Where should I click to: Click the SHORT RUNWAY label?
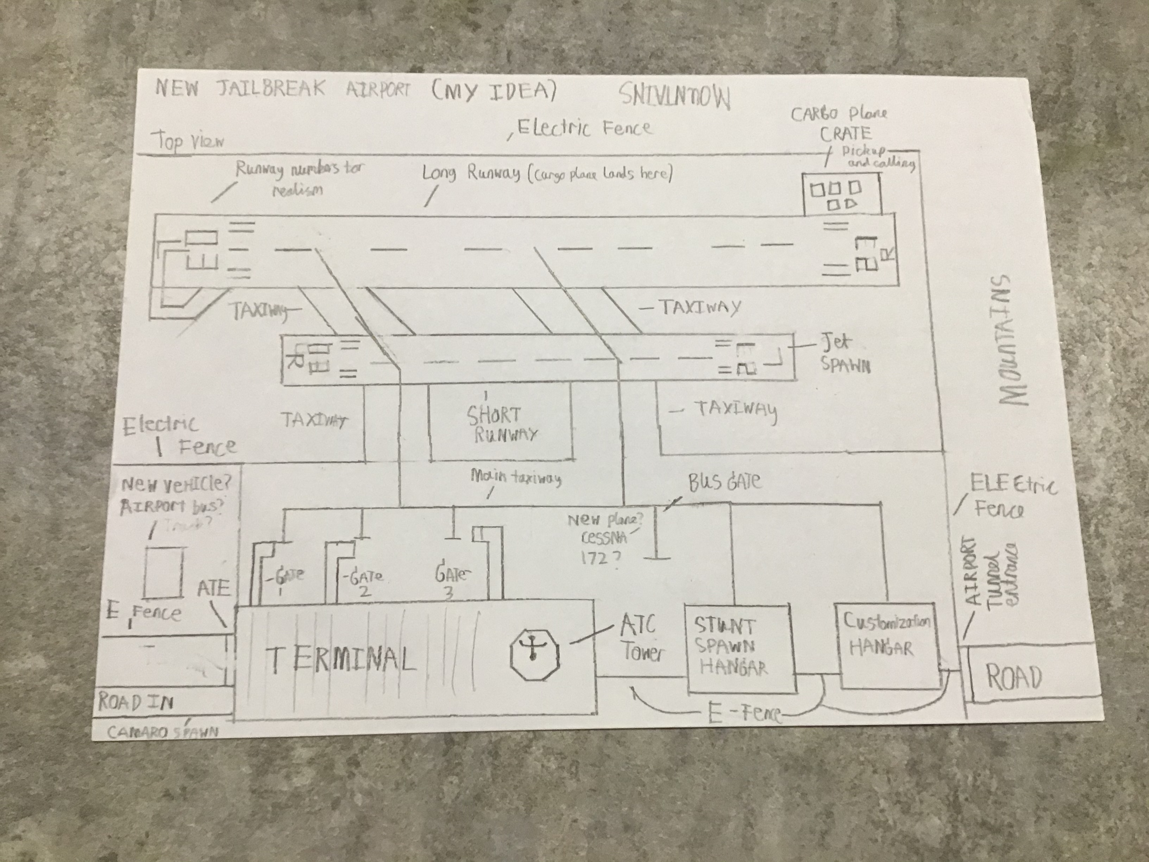click(x=500, y=425)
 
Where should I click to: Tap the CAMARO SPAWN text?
click(x=163, y=732)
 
